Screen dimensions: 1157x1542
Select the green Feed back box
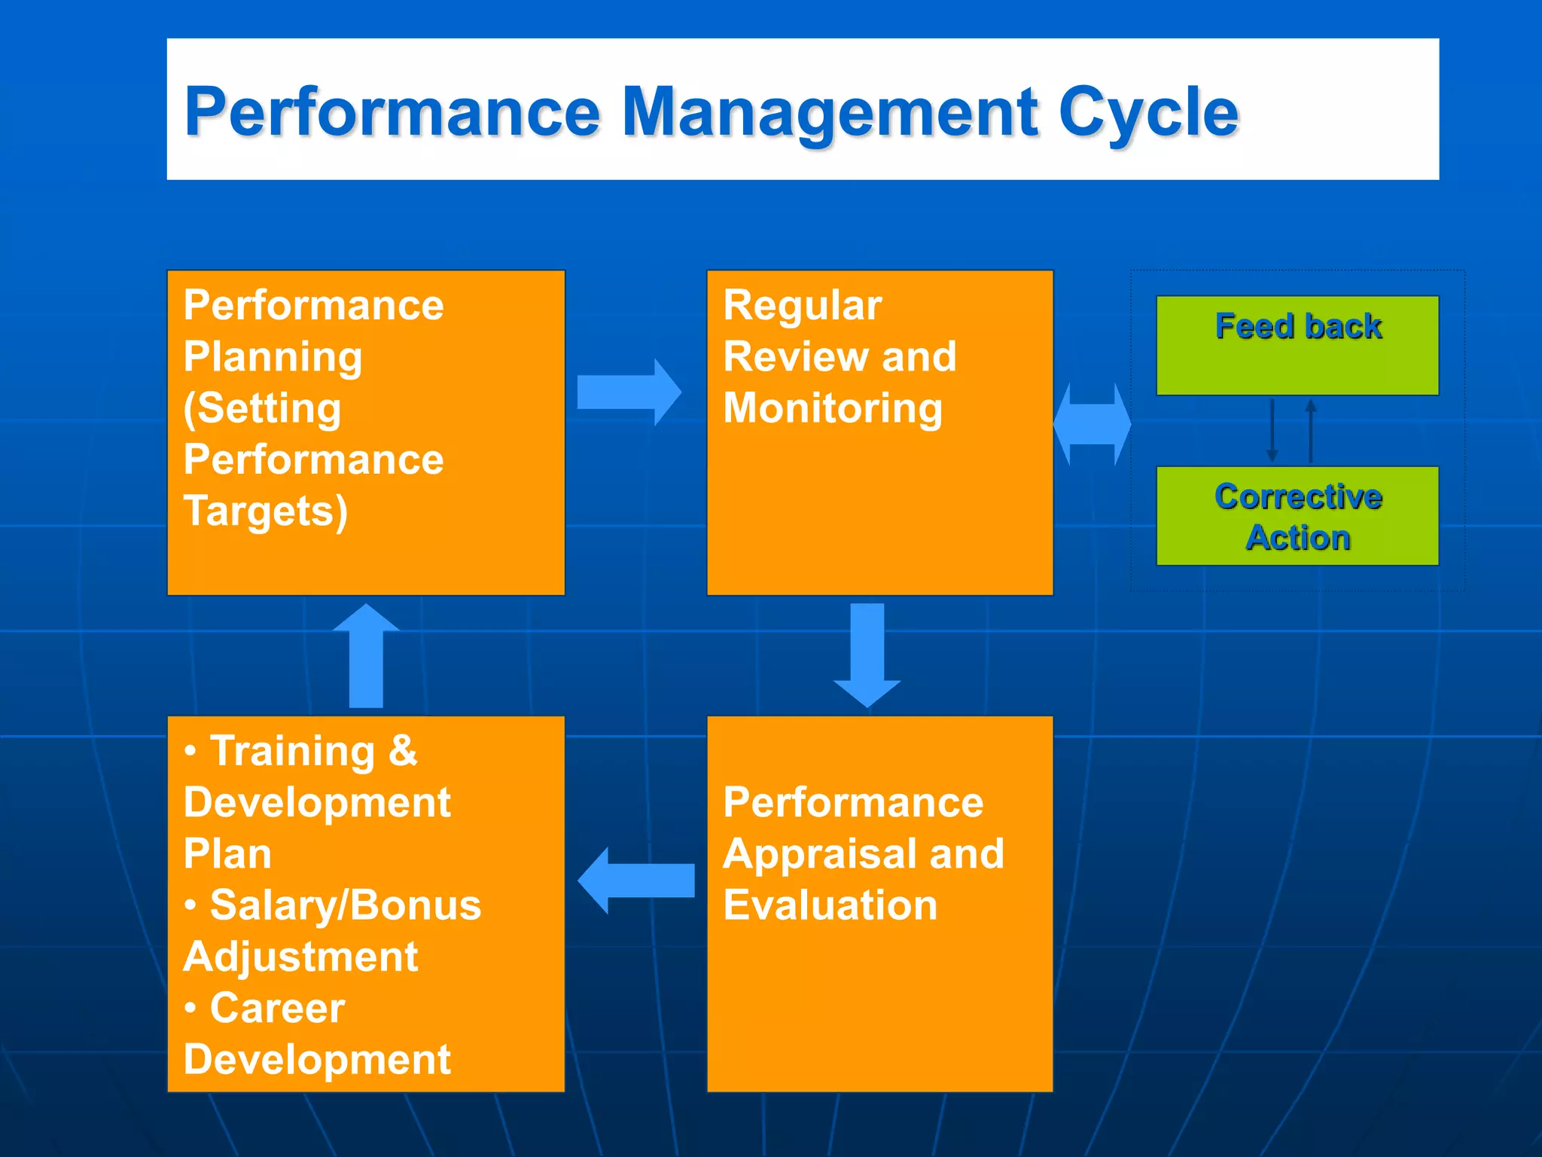(x=1297, y=345)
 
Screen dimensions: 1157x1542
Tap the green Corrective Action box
(x=1297, y=516)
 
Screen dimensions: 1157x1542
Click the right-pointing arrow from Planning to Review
(x=629, y=392)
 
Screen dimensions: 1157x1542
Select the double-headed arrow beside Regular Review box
(x=1092, y=424)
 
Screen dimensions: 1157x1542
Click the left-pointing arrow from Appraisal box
(x=636, y=880)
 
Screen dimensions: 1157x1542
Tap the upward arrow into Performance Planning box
(x=367, y=655)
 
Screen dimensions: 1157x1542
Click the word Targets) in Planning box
(x=266, y=511)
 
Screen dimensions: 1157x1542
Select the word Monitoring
(x=833, y=408)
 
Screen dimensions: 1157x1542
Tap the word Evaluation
(x=830, y=905)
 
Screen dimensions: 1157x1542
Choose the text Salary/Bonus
(x=345, y=905)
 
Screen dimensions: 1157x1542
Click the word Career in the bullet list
(x=277, y=1008)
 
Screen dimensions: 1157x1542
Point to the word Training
(x=292, y=751)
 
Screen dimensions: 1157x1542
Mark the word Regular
(x=802, y=306)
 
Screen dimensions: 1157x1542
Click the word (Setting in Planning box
(x=262, y=408)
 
